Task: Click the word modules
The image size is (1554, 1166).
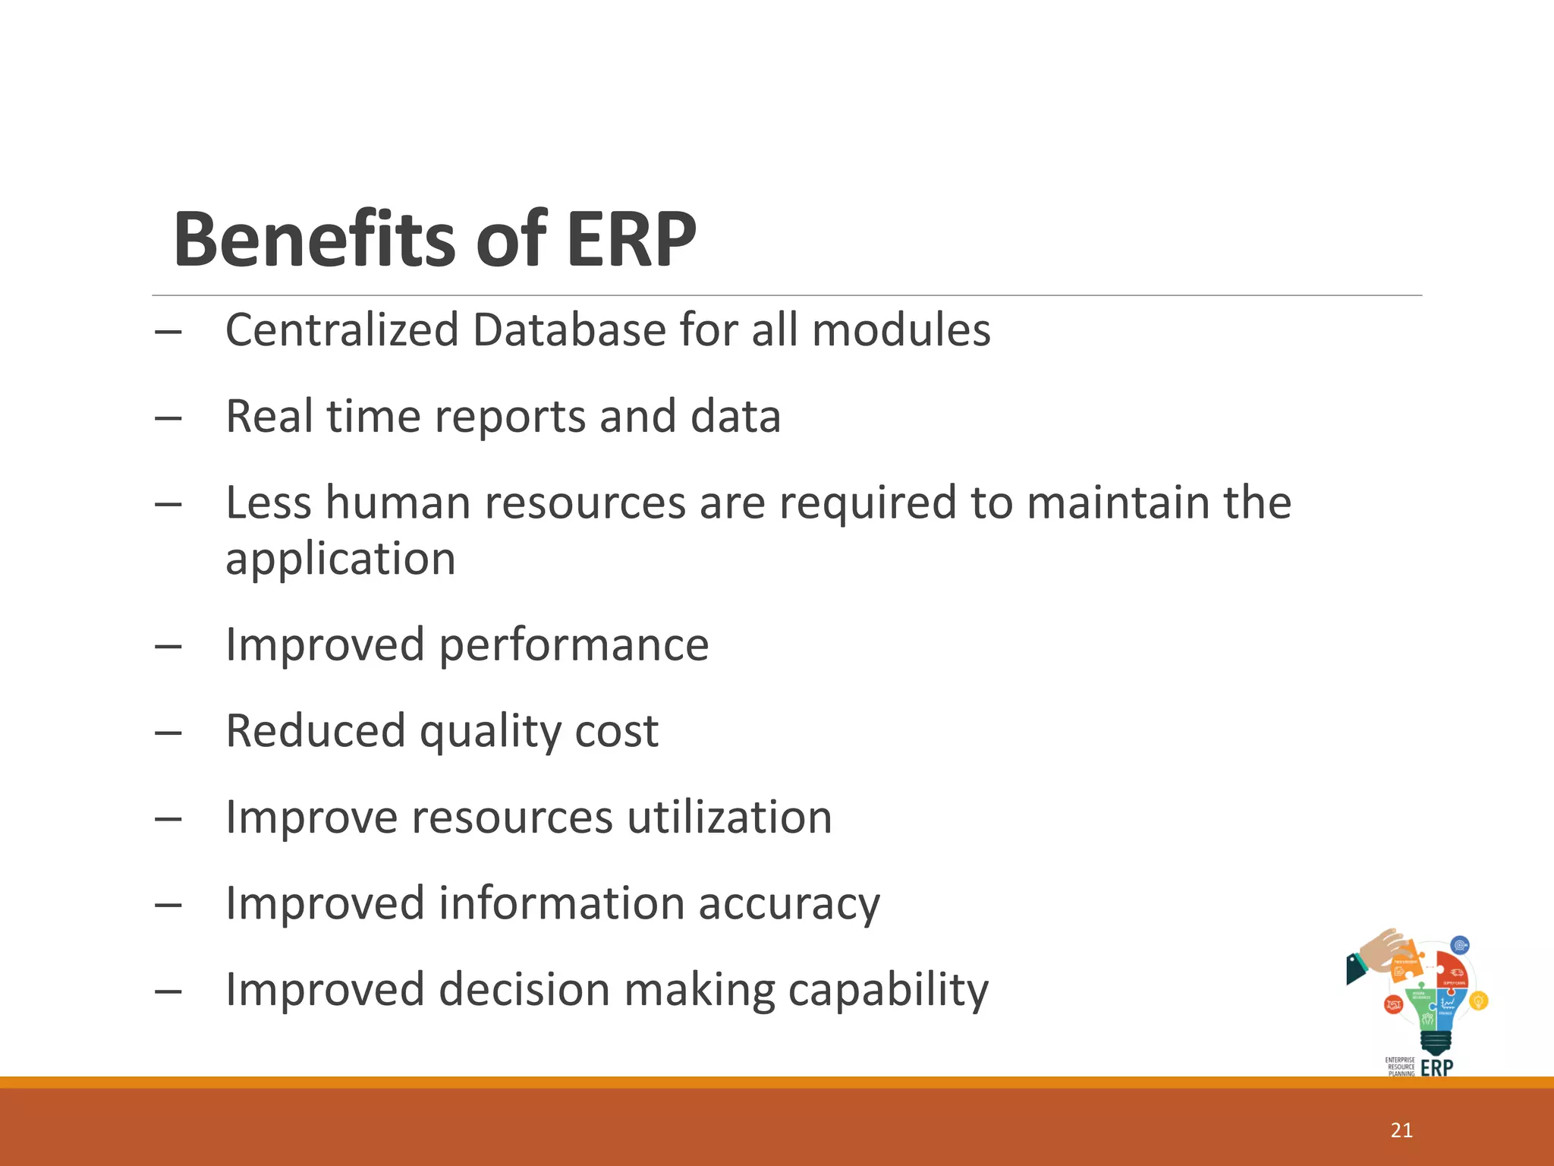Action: tap(901, 330)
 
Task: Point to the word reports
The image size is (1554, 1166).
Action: tap(510, 418)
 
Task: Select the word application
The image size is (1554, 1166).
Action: tap(340, 559)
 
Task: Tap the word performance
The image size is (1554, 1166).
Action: tap(574, 645)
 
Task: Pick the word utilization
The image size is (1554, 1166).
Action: tap(729, 818)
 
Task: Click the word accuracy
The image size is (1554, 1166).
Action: tap(789, 904)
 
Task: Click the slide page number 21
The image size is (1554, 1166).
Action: tap(1401, 1130)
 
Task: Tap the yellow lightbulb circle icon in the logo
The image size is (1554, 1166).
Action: tap(1478, 1001)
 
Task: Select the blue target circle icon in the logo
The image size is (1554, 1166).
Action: tap(1460, 946)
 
